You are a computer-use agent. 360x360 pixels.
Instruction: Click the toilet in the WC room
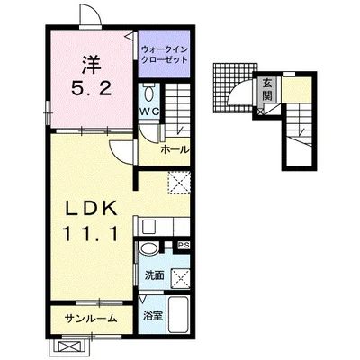(148, 93)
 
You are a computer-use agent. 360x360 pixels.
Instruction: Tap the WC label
(149, 112)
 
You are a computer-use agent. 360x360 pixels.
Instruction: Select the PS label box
(184, 246)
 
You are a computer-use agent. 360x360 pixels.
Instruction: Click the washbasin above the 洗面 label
(149, 249)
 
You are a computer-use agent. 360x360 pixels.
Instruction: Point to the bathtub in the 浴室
(178, 314)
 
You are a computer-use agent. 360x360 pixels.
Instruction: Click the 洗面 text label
(155, 275)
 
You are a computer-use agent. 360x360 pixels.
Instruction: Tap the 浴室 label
(153, 316)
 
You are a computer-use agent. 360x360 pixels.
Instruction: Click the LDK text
(92, 209)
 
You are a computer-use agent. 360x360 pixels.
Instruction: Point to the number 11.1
(90, 233)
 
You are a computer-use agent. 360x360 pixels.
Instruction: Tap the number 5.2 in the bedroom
(92, 88)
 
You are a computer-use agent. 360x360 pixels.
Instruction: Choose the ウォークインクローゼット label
(165, 54)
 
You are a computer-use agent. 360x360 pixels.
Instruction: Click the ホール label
(175, 149)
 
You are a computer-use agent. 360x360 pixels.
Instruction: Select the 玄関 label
(266, 89)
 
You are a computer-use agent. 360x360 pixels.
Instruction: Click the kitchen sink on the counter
(148, 227)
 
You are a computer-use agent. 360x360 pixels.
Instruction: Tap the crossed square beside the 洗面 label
(181, 279)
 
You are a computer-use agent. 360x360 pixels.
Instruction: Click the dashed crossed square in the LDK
(179, 183)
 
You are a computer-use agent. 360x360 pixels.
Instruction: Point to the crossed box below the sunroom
(69, 347)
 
